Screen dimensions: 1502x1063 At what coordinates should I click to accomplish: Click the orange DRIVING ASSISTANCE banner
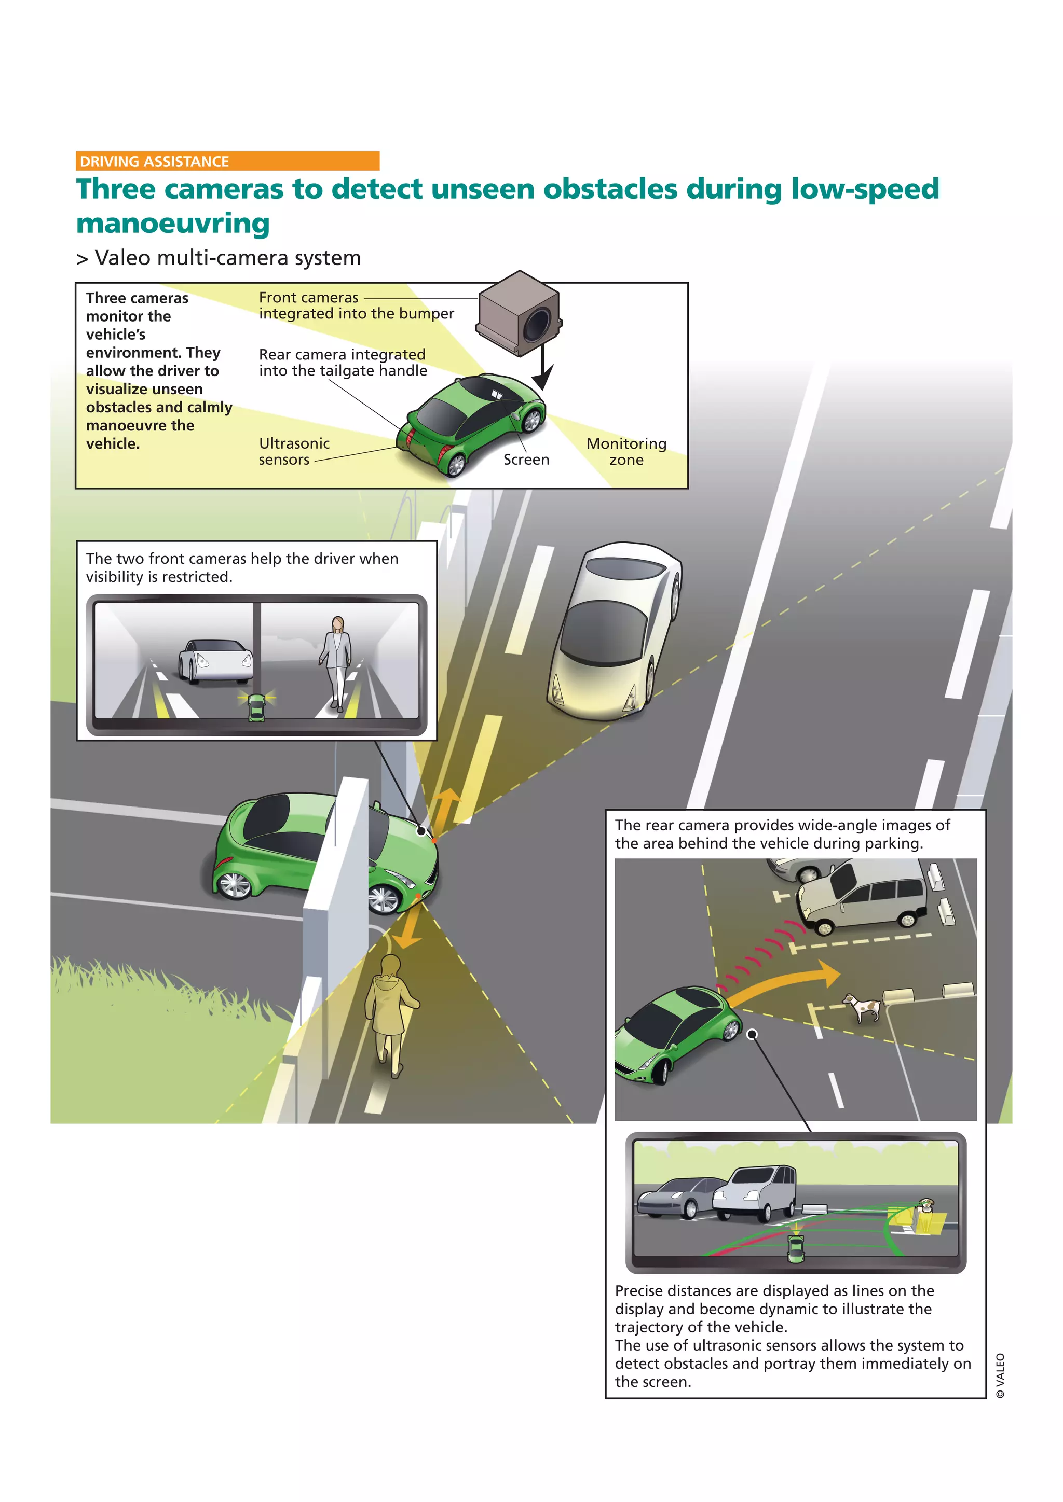click(227, 161)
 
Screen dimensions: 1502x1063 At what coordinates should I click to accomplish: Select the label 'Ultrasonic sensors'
click(293, 451)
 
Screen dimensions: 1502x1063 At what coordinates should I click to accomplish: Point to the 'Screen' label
click(526, 460)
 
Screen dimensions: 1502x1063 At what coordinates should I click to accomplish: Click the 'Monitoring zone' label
click(626, 451)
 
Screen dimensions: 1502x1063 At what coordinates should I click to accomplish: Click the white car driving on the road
click(614, 631)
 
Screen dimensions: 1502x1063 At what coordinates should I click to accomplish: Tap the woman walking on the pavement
click(390, 1014)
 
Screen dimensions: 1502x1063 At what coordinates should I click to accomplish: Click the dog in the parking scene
click(863, 1007)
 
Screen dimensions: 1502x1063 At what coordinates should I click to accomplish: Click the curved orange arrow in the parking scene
click(785, 981)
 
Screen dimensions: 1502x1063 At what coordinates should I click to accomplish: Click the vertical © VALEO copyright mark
click(1000, 1375)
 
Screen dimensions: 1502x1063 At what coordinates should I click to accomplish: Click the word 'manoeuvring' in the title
click(173, 223)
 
